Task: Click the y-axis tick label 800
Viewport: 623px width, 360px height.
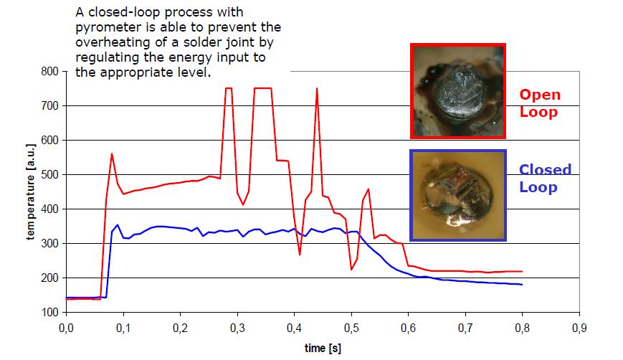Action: coord(49,71)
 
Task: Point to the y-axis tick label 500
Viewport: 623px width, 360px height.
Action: coord(49,174)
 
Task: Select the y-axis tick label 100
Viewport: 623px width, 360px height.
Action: coord(49,312)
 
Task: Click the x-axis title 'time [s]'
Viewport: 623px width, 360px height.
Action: coord(322,349)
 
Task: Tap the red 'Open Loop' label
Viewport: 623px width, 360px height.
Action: coord(540,103)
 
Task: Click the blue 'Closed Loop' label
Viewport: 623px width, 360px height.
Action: coord(545,178)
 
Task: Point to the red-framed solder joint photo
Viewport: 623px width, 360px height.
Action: coord(458,90)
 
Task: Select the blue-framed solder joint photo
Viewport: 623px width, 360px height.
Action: coord(458,195)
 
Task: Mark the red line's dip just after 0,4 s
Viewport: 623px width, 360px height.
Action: coord(300,255)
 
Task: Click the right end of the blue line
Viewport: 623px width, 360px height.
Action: coord(522,285)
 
